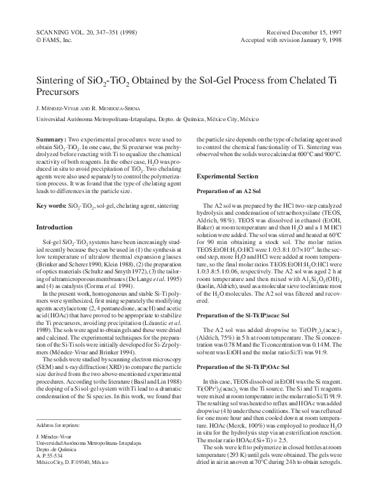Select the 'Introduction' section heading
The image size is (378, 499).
click(54, 227)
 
